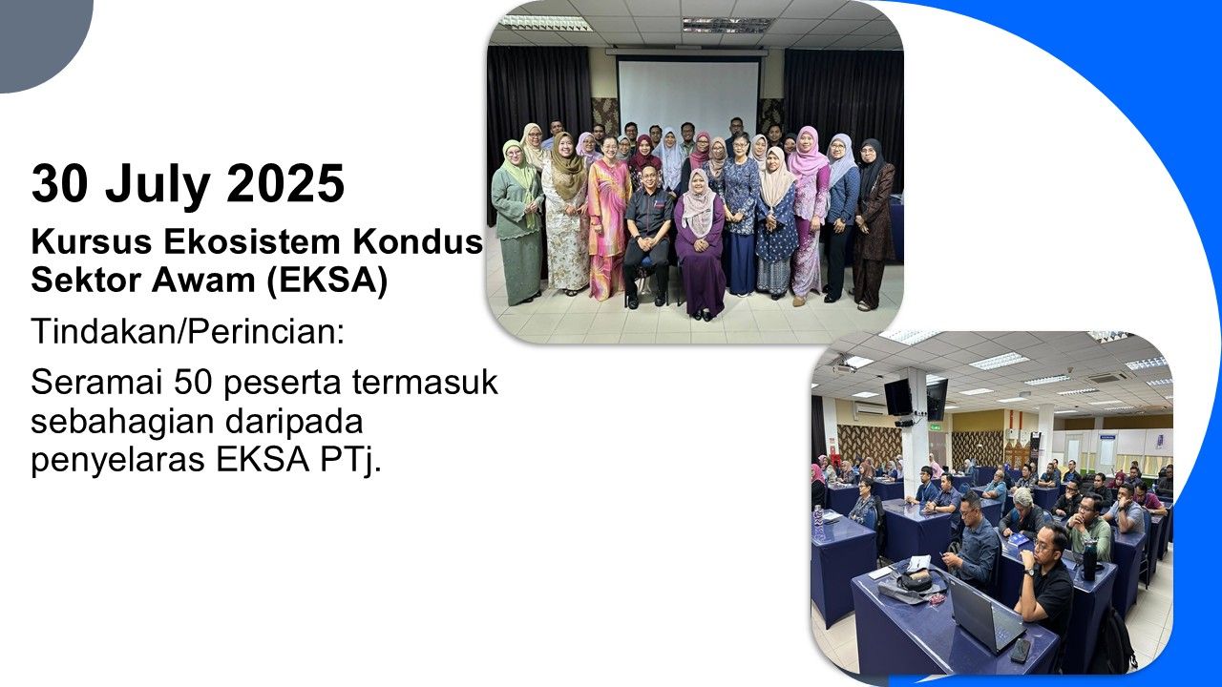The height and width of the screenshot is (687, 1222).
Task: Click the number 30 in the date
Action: (x=60, y=184)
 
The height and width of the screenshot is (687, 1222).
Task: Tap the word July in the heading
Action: (x=158, y=185)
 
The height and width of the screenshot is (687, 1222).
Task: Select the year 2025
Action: (x=285, y=184)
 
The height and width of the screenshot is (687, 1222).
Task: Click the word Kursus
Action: (x=91, y=242)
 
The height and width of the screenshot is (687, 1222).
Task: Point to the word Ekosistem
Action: (x=252, y=242)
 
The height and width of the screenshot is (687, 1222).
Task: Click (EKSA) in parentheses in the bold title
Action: (x=327, y=281)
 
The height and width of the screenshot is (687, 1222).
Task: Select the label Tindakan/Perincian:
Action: (x=188, y=330)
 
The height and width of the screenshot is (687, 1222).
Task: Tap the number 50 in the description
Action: (x=193, y=383)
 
